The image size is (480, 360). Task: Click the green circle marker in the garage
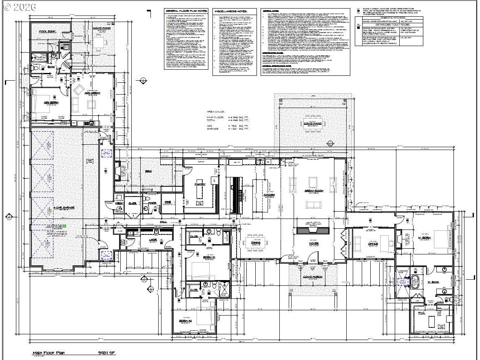(64, 225)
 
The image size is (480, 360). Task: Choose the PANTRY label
(200, 184)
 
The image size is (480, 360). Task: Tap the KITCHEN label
(269, 195)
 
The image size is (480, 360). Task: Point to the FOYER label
(314, 243)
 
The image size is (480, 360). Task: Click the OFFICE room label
(373, 244)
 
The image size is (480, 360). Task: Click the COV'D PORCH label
(313, 278)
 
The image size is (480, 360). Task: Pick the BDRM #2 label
(186, 321)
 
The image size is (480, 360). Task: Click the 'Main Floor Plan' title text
(49, 353)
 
